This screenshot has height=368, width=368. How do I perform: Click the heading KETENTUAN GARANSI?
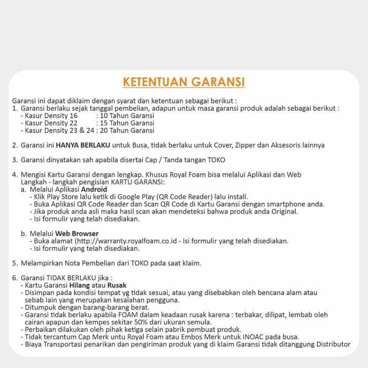tap(184, 82)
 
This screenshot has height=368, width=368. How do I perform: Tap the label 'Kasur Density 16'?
tap(49, 116)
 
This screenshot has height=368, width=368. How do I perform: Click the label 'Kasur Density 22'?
tap(49, 123)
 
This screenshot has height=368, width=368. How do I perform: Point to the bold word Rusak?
tap(117, 285)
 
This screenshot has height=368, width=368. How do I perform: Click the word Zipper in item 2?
tap(244, 145)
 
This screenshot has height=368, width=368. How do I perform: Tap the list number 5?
tap(15, 263)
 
